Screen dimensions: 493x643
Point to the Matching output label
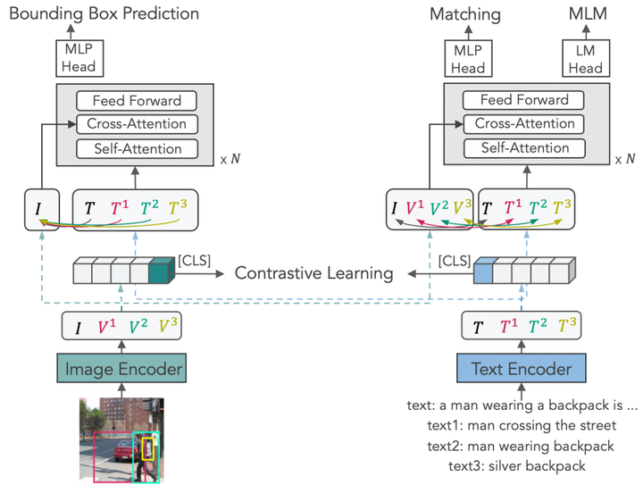click(x=465, y=13)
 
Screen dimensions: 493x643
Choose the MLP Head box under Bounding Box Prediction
click(x=79, y=59)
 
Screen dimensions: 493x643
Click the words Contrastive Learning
click(x=313, y=272)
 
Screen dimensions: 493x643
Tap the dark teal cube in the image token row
click(x=162, y=271)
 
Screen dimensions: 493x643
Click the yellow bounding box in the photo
click(x=148, y=448)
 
